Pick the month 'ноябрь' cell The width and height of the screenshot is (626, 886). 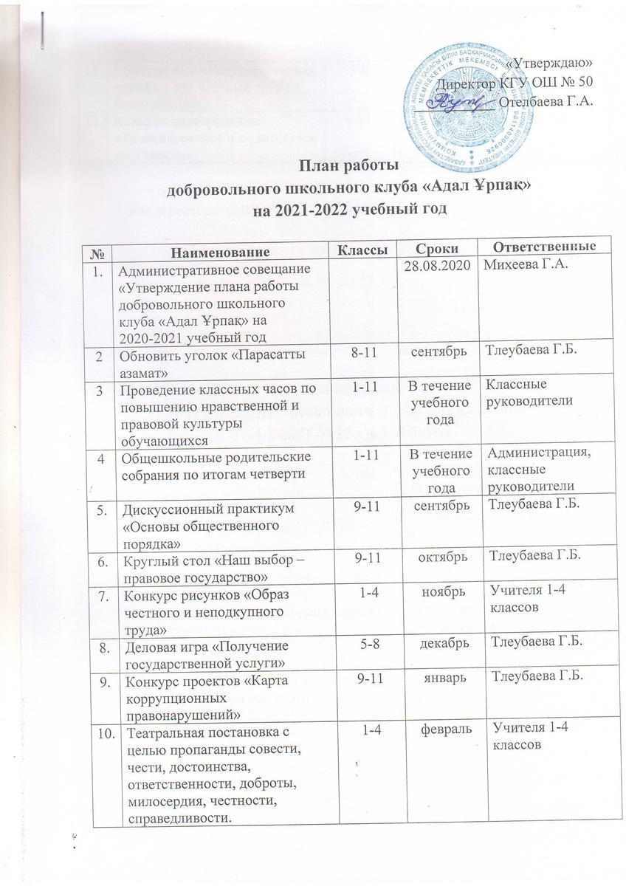point(438,591)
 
